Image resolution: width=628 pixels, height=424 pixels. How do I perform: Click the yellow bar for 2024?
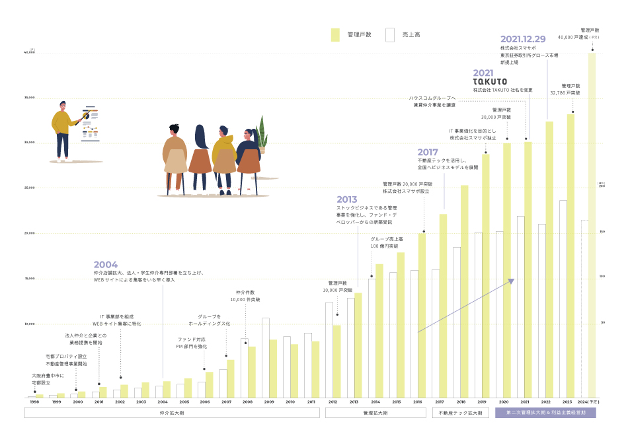pyautogui.click(x=592, y=225)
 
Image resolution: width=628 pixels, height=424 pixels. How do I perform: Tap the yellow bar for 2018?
pyautogui.click(x=465, y=291)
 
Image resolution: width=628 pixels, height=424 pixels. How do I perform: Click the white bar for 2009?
pyautogui.click(x=265, y=357)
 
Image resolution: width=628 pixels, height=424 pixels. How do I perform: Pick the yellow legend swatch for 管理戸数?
pyautogui.click(x=335, y=34)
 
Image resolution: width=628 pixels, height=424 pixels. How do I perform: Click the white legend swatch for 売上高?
pyautogui.click(x=390, y=34)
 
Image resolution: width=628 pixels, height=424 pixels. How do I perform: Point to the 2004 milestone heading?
pyautogui.click(x=106, y=264)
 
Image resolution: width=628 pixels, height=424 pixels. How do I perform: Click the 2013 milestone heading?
pyautogui.click(x=347, y=199)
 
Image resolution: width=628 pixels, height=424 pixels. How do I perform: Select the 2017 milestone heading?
pyautogui.click(x=428, y=152)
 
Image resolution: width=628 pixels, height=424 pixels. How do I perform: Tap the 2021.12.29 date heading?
pyautogui.click(x=523, y=39)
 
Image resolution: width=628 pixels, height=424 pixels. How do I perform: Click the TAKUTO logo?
pyautogui.click(x=490, y=81)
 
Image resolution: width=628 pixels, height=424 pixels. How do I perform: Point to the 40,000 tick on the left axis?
pyautogui.click(x=28, y=52)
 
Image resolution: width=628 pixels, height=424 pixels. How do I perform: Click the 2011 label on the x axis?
pyautogui.click(x=311, y=402)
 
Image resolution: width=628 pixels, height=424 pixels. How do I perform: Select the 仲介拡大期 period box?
pyautogui.click(x=172, y=413)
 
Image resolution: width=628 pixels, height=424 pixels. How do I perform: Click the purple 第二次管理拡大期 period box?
pyautogui.click(x=545, y=413)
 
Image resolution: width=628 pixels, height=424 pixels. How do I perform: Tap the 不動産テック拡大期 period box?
pyautogui.click(x=461, y=413)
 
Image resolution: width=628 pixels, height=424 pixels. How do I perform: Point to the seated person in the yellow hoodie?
pyautogui.click(x=225, y=159)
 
